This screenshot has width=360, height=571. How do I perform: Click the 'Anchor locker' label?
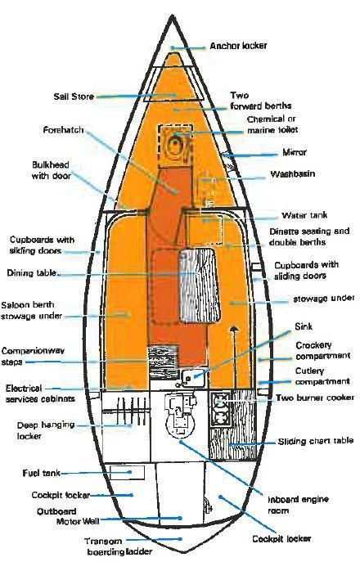click(238, 46)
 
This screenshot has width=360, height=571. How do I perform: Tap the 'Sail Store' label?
click(74, 97)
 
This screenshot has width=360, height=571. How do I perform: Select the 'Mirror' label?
click(295, 152)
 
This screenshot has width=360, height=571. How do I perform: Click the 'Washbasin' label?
click(293, 174)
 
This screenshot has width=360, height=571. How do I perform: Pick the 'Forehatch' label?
click(63, 130)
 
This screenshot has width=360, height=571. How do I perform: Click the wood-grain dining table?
click(199, 285)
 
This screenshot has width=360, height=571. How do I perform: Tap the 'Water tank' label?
click(304, 215)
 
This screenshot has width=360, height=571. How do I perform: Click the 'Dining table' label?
click(32, 272)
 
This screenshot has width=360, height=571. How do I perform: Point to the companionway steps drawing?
click(163, 362)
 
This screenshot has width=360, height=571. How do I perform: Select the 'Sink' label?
click(304, 326)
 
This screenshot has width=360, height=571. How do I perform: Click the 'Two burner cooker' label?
click(315, 398)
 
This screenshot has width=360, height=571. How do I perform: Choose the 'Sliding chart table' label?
click(316, 442)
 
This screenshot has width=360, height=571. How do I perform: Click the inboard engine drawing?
click(179, 414)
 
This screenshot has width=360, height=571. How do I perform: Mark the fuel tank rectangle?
click(127, 472)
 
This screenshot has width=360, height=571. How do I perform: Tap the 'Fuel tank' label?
click(41, 473)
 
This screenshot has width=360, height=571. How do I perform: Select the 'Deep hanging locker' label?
click(46, 430)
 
